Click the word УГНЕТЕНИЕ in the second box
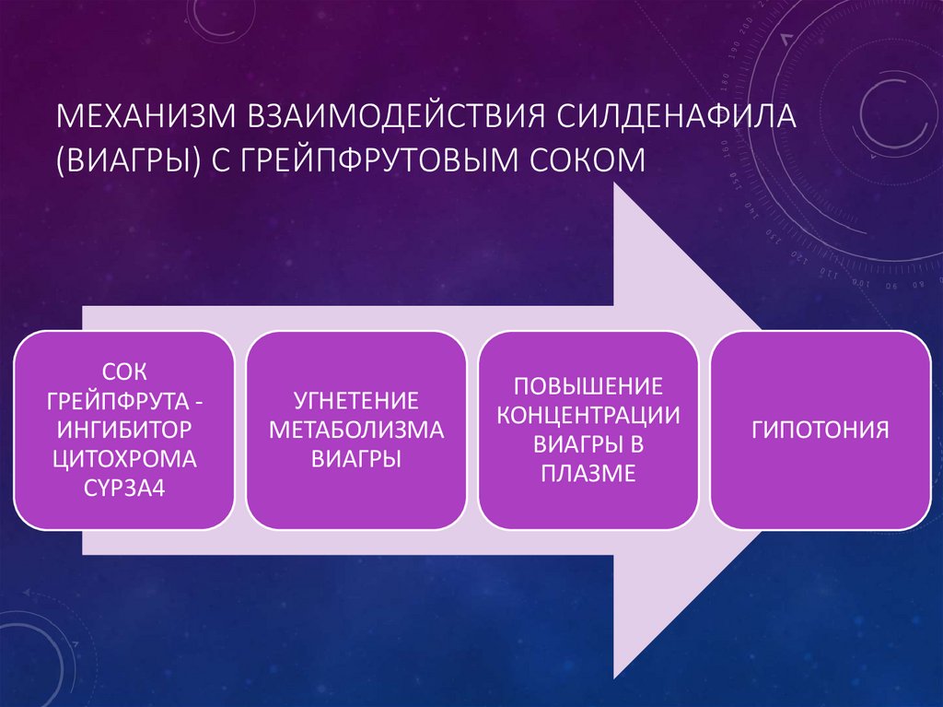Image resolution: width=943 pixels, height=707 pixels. pos(355,401)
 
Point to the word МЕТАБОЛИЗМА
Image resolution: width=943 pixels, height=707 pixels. pos(355,430)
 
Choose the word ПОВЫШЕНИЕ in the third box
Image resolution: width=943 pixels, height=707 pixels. pos(588,384)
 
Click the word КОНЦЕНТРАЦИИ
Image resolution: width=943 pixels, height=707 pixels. pos(588,414)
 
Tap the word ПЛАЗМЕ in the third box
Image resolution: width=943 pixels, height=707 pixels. pos(588,474)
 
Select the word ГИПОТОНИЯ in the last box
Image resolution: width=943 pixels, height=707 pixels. pos(820,430)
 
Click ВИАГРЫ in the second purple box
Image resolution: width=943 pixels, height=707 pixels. pos(355,458)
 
